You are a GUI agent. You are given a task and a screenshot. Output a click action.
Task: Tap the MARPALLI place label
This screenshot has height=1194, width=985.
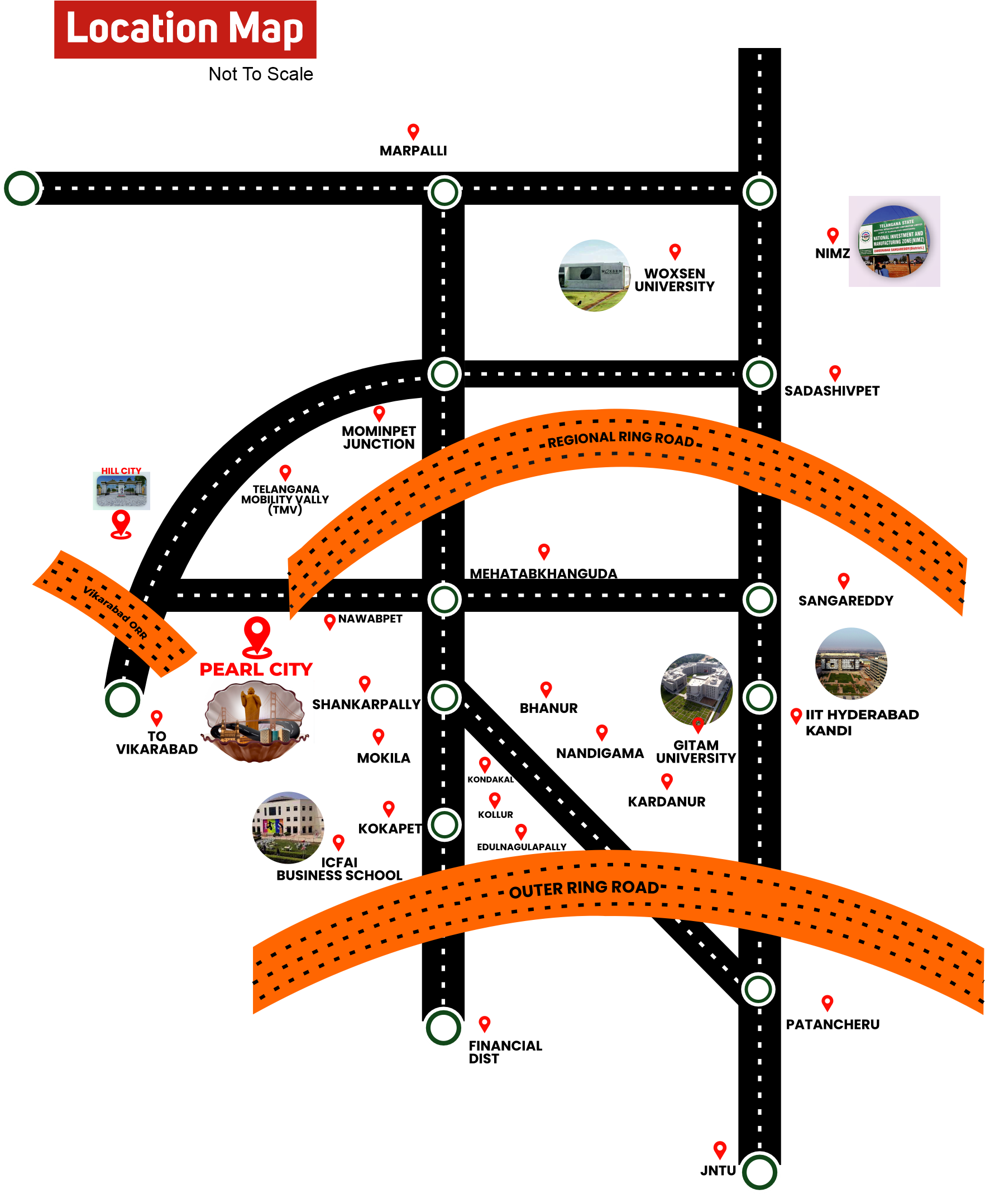point(413,151)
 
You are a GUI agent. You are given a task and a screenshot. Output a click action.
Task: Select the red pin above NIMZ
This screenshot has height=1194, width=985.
point(833,235)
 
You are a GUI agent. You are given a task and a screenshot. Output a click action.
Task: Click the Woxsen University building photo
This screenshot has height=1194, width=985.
point(594,276)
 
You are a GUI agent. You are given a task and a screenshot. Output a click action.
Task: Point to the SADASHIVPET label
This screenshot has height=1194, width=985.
point(831,391)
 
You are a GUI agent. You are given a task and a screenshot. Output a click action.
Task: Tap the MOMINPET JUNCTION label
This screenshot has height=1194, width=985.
point(379,437)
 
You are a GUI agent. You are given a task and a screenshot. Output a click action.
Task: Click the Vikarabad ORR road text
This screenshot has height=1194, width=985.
point(115,612)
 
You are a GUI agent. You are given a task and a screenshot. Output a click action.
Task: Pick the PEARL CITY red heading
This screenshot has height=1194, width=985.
point(256,669)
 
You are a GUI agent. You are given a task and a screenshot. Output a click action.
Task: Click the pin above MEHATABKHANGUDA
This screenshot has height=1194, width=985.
point(543,551)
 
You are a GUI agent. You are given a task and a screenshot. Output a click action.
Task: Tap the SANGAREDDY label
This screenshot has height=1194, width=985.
point(845,601)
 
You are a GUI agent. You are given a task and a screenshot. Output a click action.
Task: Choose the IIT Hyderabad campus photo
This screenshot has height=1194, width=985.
point(851,663)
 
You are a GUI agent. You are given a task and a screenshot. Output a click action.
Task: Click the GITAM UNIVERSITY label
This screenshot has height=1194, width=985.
point(696,751)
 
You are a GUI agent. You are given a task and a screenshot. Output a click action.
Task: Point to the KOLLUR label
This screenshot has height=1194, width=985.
point(495,814)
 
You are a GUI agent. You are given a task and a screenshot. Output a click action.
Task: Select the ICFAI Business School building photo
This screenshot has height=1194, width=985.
point(288,827)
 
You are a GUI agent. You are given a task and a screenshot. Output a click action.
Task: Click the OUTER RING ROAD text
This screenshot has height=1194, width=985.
point(584,889)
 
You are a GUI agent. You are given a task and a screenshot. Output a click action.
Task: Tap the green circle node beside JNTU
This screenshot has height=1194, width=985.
point(759,1171)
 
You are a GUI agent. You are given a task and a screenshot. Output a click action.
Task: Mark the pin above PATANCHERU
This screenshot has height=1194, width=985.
point(828,1003)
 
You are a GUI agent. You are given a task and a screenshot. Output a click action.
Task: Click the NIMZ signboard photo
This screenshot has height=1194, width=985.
point(893,241)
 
